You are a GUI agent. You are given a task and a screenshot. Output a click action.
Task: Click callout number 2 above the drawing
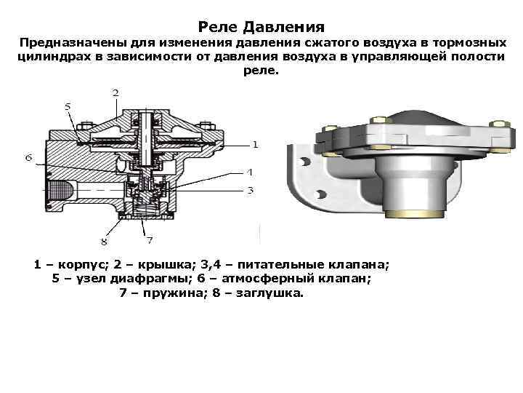point(115,92)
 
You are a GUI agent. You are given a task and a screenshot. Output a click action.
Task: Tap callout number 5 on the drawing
point(68,106)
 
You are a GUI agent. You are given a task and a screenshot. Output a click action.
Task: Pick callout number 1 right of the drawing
point(256,144)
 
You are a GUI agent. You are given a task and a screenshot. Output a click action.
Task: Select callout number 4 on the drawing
point(249,172)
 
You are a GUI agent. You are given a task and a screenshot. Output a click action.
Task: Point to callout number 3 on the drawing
point(249,191)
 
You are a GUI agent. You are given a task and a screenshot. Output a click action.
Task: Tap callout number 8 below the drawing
point(104,241)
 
